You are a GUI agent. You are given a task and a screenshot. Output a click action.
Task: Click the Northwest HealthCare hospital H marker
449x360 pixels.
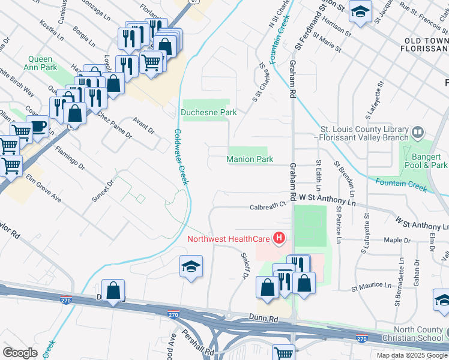[x=279, y=239]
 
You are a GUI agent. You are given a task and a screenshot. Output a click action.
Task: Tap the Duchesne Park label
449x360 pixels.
[x=209, y=112]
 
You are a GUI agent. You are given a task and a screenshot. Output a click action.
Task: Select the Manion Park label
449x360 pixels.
[x=250, y=159]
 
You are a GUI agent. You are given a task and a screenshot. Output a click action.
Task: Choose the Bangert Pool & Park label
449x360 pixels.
[x=424, y=160]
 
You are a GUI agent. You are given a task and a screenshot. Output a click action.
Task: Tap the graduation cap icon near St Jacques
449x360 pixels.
[x=360, y=12]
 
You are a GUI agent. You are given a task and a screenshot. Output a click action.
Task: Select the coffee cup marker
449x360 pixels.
[x=38, y=127]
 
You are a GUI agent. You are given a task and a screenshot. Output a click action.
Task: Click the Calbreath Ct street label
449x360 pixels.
[x=267, y=206]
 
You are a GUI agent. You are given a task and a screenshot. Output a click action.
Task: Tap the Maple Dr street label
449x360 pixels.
[x=397, y=241]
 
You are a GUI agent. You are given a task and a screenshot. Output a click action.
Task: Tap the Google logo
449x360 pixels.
[x=20, y=353]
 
